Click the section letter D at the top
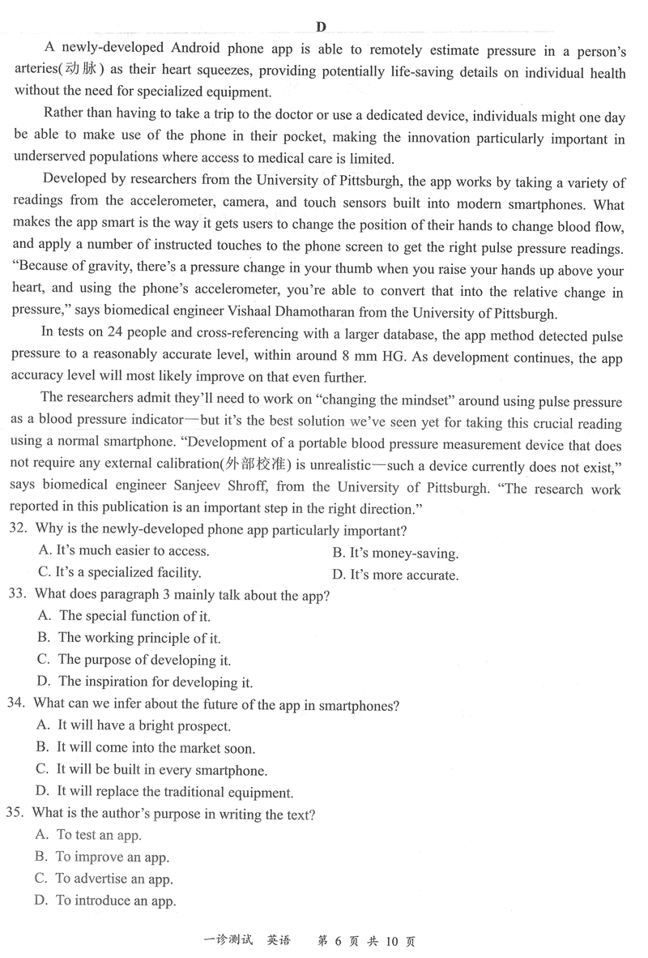pyautogui.click(x=322, y=27)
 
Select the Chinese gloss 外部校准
pyautogui.click(x=258, y=468)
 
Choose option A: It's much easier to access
pyautogui.click(x=123, y=551)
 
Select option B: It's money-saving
pyautogui.click(x=395, y=554)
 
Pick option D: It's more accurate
pyautogui.click(x=395, y=575)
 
